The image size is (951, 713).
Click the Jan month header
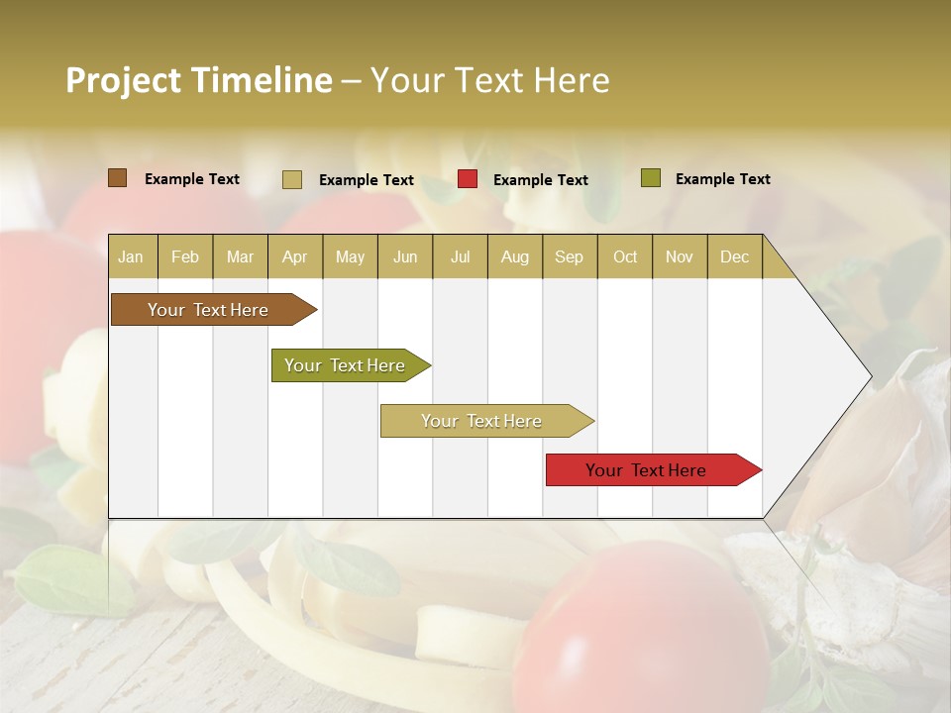[x=131, y=256]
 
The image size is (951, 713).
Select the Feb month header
[x=185, y=256]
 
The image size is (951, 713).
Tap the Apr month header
[x=294, y=256]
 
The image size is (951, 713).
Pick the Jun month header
[x=405, y=256]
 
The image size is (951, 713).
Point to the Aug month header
[x=514, y=256]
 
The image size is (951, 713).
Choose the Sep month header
[x=569, y=256]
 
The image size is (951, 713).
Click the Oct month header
[x=625, y=256]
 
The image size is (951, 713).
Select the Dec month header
[x=734, y=256]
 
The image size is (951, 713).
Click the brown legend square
[x=118, y=178]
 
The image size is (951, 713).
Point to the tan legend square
[x=292, y=179]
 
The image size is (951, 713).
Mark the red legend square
[x=468, y=179]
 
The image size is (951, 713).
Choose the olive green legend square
[x=651, y=178]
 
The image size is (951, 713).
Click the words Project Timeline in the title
[x=198, y=80]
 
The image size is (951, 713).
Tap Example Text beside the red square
[x=540, y=180]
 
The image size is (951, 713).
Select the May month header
[x=350, y=256]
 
